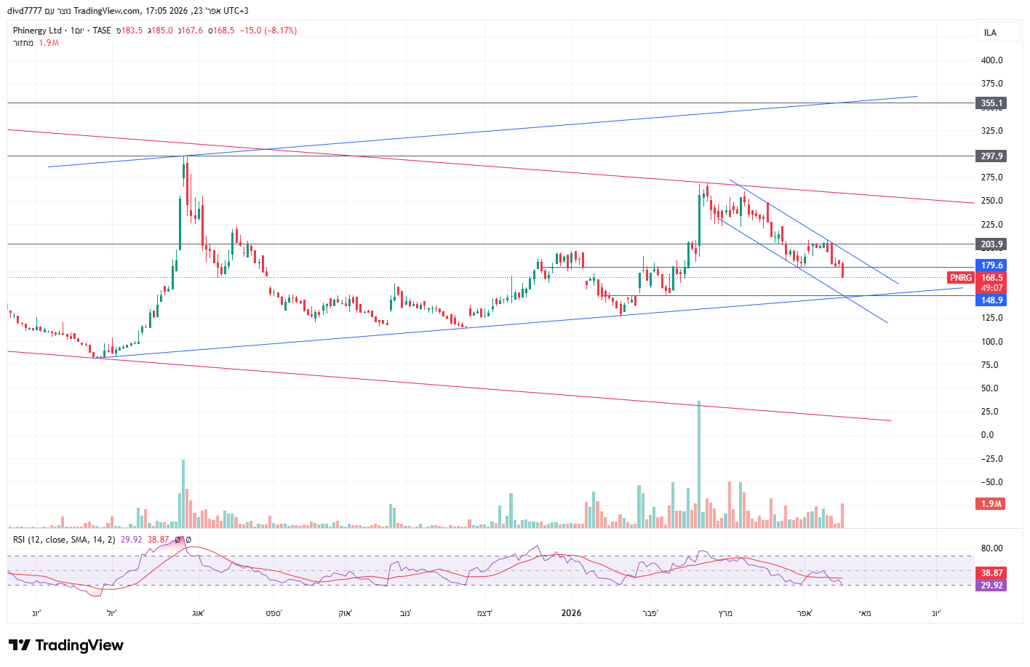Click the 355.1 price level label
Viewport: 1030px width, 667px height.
pos(991,103)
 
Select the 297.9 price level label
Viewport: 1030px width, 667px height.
pos(991,156)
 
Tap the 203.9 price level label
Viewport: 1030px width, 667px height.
pos(991,244)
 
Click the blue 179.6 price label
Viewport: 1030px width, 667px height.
pos(991,265)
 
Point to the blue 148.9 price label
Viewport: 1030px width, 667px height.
pos(991,300)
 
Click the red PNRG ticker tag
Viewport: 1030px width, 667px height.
pos(960,278)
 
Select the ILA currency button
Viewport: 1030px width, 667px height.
pos(990,33)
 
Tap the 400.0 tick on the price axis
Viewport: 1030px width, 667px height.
pos(991,60)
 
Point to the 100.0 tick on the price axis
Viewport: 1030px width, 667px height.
pos(991,342)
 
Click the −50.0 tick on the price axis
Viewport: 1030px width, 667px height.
pos(991,482)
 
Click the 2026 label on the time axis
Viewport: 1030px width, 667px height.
pos(571,613)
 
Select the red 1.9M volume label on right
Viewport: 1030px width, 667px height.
pos(991,504)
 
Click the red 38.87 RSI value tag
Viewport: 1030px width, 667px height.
pos(991,573)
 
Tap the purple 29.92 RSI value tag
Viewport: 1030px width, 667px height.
pos(991,585)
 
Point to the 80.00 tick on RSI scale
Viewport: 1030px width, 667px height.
pos(991,548)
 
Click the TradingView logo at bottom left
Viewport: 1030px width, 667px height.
pos(66,645)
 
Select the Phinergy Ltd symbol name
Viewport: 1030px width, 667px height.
pos(37,31)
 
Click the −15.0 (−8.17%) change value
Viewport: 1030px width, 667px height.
pos(269,31)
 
